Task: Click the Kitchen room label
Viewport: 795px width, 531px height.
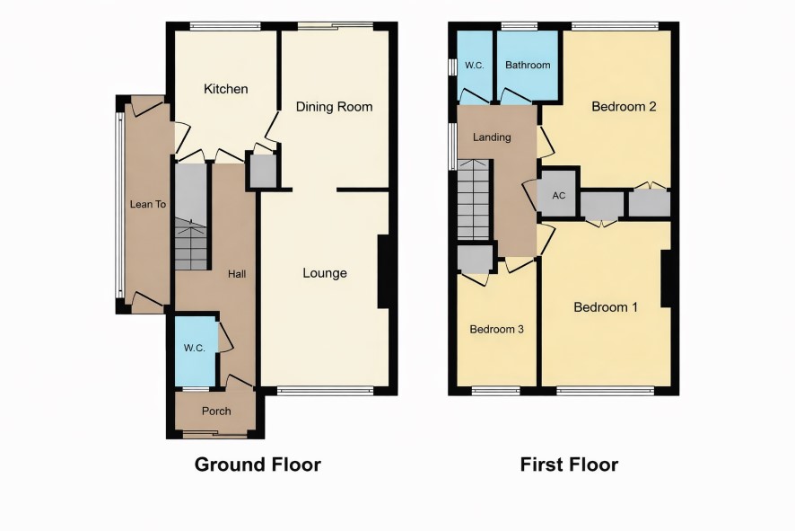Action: (x=225, y=89)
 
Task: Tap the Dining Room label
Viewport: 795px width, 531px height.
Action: (x=334, y=107)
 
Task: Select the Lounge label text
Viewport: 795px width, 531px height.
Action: (x=325, y=273)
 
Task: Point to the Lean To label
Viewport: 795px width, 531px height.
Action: (x=148, y=204)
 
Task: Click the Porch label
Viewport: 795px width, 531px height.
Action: (x=216, y=412)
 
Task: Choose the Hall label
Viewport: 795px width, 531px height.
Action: (x=237, y=274)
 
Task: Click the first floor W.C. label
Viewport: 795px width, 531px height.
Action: (x=475, y=66)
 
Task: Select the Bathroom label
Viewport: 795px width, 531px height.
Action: (x=528, y=65)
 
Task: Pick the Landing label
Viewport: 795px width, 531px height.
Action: (x=492, y=137)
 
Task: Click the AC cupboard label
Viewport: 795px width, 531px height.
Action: (x=559, y=196)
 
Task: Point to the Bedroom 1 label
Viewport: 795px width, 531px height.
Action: (x=606, y=307)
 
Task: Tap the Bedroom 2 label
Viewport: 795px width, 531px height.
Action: (x=625, y=107)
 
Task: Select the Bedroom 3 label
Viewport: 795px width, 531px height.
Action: (x=497, y=330)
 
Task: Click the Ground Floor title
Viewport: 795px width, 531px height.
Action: (x=258, y=465)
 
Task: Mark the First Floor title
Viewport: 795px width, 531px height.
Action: (x=570, y=465)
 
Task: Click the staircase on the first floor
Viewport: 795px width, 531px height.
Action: (x=474, y=199)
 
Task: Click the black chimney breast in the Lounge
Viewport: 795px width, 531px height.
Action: (x=384, y=271)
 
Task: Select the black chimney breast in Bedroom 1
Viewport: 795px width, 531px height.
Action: (x=667, y=279)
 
